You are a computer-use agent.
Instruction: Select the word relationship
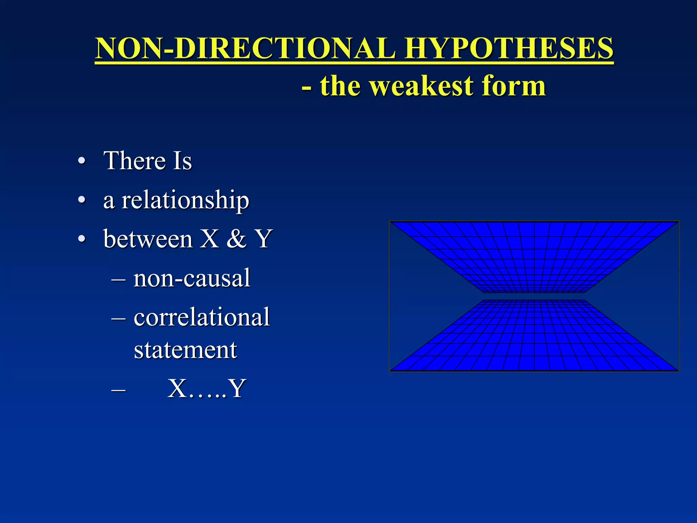pos(185,200)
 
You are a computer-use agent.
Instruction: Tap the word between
pos(148,239)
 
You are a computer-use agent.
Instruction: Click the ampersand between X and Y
pos(236,239)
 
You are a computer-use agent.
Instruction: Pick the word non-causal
pos(192,278)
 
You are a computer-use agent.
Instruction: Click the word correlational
pos(202,317)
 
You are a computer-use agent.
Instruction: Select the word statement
pos(185,350)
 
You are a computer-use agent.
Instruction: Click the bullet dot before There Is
pos(82,161)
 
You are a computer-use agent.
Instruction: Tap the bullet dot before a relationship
pos(82,200)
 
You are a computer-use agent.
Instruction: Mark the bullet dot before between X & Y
pos(82,239)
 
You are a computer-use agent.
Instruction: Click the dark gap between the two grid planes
pos(534,296)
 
